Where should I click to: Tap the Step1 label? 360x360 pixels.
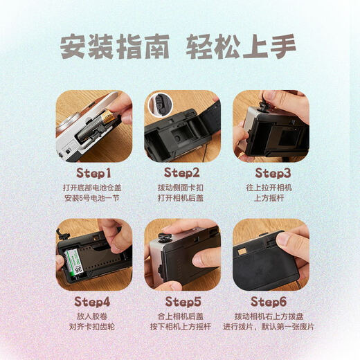93,172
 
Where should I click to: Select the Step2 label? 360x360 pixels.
182,172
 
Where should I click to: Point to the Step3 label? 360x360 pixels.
273,172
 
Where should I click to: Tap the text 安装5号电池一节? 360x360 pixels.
93,198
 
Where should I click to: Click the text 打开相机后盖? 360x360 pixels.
182,198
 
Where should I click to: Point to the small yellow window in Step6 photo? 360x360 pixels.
243,252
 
